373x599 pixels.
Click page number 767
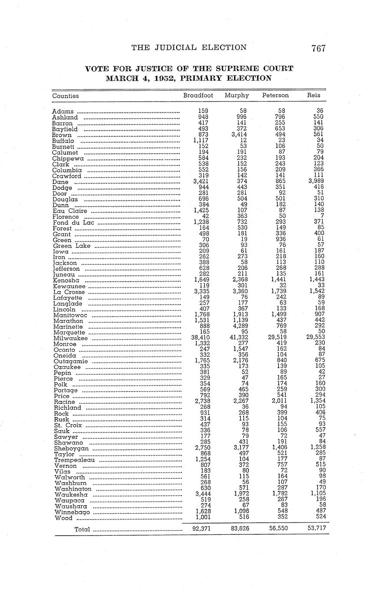(x=318, y=48)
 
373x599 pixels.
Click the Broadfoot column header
(x=198, y=95)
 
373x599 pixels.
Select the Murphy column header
(x=237, y=95)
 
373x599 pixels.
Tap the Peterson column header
(x=275, y=95)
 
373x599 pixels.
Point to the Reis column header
(x=314, y=95)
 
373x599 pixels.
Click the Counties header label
(x=66, y=96)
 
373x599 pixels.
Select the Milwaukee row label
(x=70, y=338)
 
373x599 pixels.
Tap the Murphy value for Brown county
(x=238, y=135)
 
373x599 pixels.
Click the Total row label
(x=82, y=529)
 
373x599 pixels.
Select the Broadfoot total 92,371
(x=201, y=529)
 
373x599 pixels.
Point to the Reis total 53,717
(x=317, y=529)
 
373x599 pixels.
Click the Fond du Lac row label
(x=73, y=223)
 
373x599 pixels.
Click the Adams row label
(x=63, y=112)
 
